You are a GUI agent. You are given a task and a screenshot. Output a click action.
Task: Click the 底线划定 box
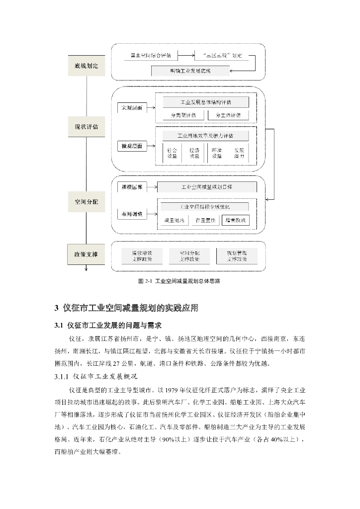87,66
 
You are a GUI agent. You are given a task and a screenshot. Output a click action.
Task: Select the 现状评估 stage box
87,127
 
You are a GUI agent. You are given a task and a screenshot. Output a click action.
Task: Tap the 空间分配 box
87,202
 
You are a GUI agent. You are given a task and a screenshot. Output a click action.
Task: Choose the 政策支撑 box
87,254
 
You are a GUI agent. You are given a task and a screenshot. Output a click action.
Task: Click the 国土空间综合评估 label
151,55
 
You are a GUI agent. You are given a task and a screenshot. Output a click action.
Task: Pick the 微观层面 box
132,146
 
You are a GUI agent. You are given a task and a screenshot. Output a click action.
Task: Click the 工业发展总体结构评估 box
205,102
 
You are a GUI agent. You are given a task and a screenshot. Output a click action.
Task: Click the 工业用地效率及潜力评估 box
205,135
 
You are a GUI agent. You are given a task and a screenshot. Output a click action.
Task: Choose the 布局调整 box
132,214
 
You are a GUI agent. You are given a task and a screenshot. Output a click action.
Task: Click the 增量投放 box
236,220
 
